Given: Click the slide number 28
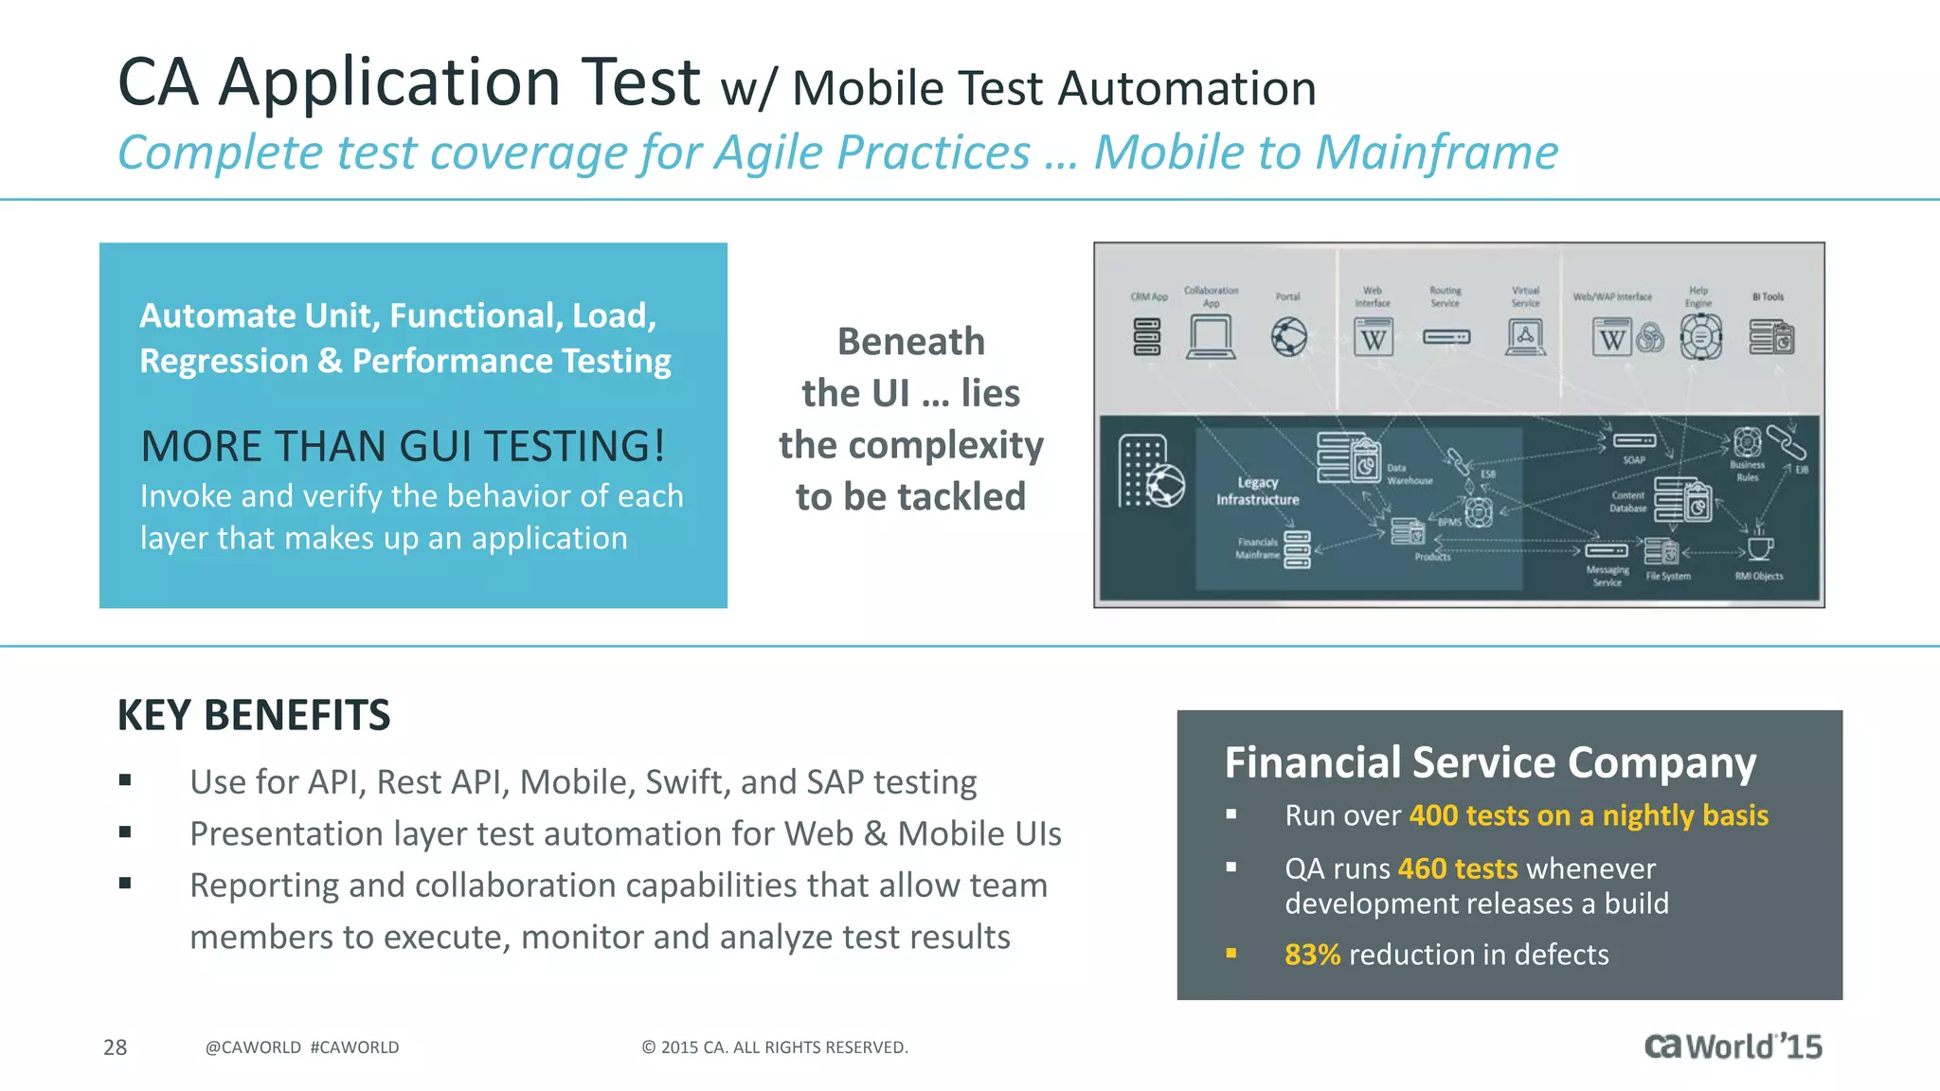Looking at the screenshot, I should point(115,1047).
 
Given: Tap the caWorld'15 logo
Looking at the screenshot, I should point(1733,1046).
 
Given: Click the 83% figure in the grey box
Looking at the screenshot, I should point(1312,955).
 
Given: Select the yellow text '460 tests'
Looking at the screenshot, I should point(1457,868).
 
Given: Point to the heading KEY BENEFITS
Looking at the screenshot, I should point(254,715).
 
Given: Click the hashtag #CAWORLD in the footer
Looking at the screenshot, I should point(354,1047).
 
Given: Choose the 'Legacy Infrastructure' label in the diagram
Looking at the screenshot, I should point(1257,491).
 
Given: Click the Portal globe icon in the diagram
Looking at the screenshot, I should point(1288,337).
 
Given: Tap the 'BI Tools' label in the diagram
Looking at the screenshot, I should point(1768,296).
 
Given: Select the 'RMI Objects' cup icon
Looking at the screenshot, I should point(1759,548).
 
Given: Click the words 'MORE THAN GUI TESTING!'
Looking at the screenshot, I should point(403,446).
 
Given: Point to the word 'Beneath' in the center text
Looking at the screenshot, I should point(910,342).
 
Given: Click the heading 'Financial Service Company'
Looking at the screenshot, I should point(1490,762).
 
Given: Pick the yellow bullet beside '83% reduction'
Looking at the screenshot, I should point(1231,954).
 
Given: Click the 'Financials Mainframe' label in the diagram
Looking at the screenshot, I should point(1257,548).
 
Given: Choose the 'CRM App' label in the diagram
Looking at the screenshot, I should point(1148,296).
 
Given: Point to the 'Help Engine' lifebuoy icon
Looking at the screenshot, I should point(1700,337).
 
